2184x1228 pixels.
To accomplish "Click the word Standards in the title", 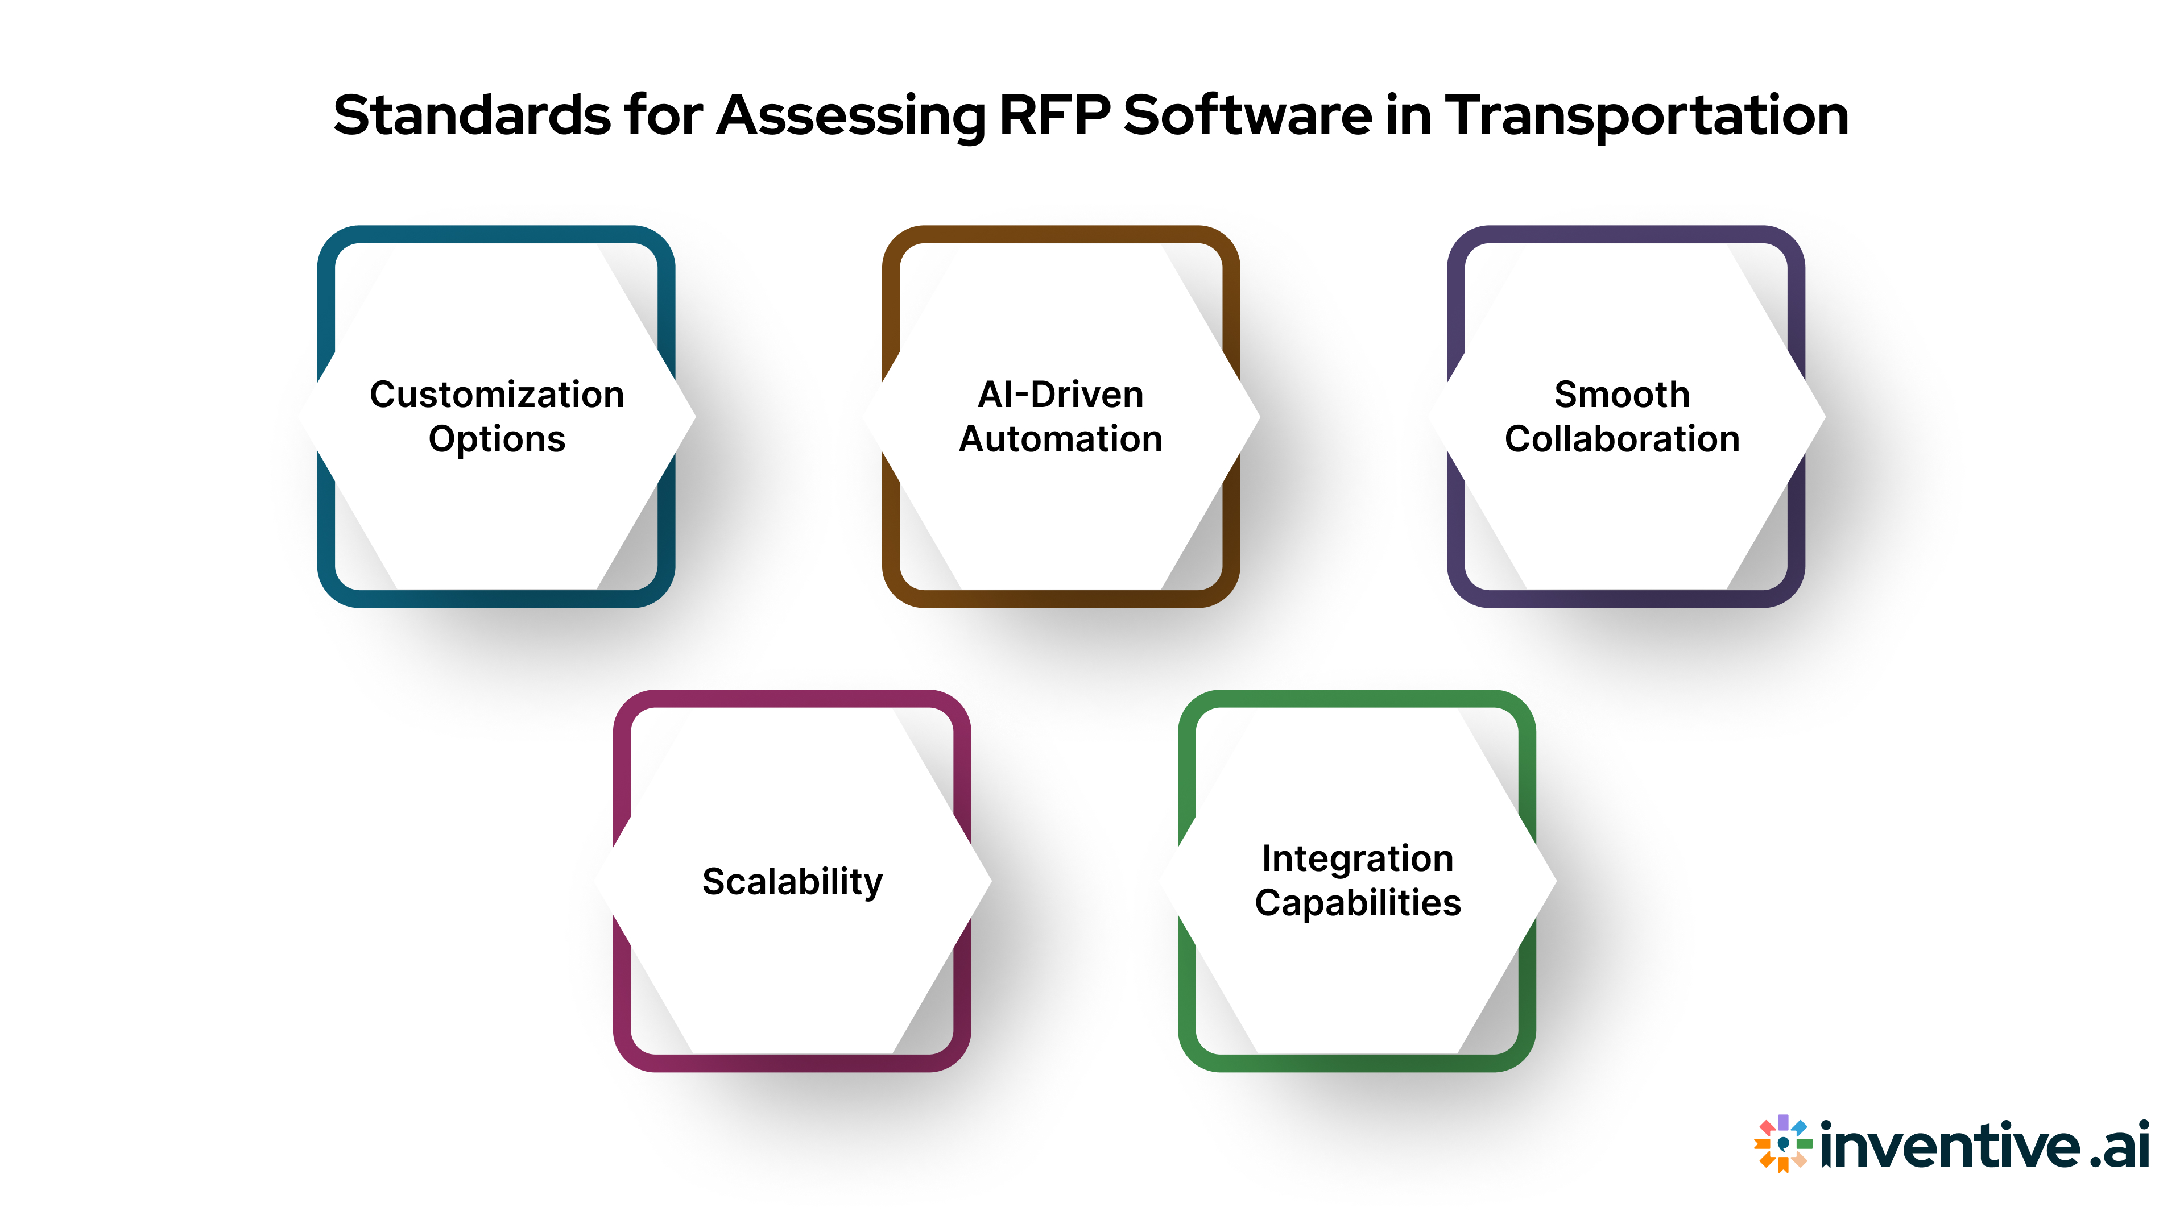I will pyautogui.click(x=471, y=115).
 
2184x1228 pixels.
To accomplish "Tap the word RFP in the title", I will pyautogui.click(x=1054, y=115).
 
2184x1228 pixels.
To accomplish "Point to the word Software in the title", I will pyautogui.click(x=1247, y=115).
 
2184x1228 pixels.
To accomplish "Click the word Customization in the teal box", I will pyautogui.click(x=497, y=395).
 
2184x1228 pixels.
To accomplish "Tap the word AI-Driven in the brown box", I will pyautogui.click(x=1061, y=395).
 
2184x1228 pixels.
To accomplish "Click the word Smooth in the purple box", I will pyautogui.click(x=1622, y=395).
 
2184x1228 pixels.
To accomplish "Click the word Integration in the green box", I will pyautogui.click(x=1358, y=858).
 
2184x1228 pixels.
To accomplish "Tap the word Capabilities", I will pyautogui.click(x=1358, y=903).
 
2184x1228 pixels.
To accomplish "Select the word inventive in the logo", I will pyautogui.click(x=1949, y=1146).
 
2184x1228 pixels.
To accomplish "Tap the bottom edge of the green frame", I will pyautogui.click(x=1356, y=1063).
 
